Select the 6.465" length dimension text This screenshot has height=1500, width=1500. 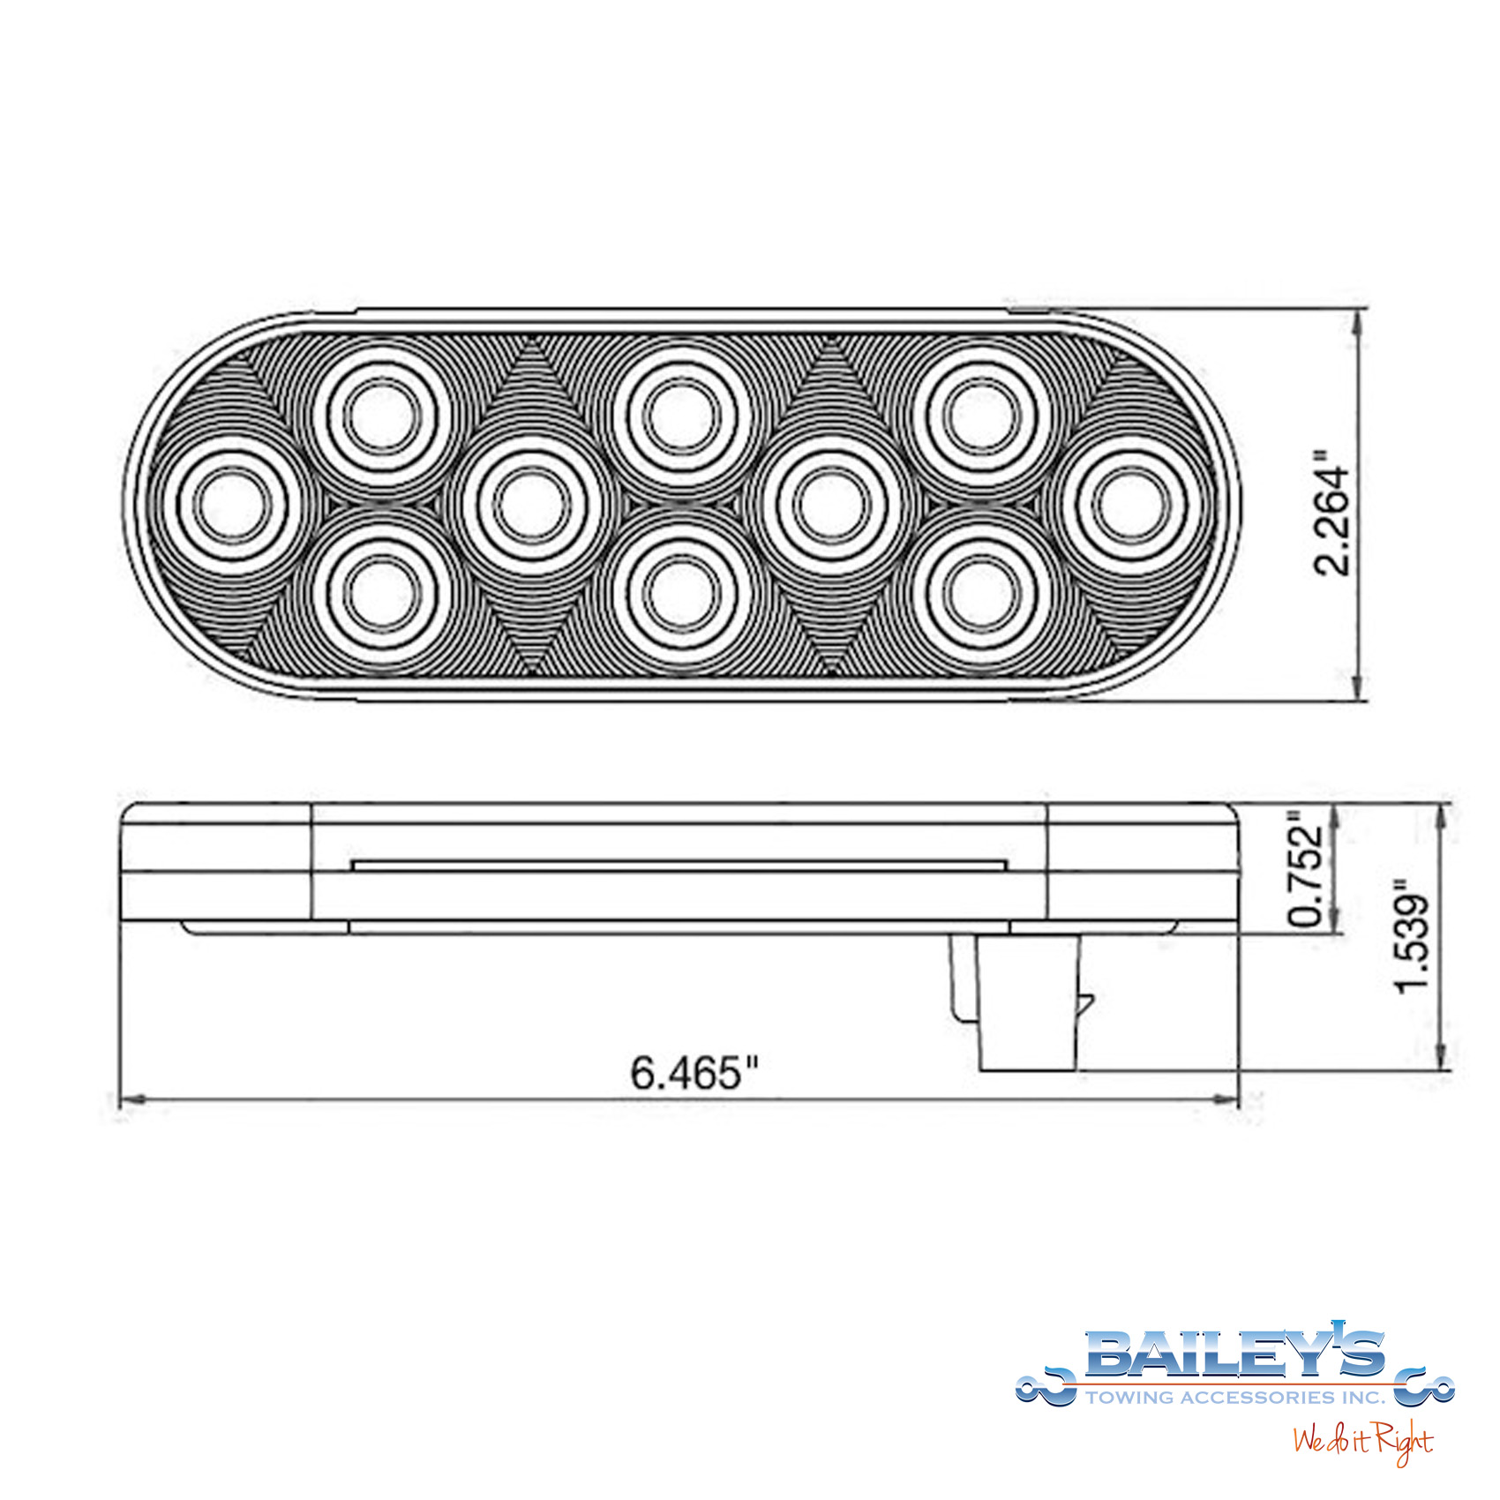click(694, 1072)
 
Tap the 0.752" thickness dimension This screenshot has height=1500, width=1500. click(1307, 869)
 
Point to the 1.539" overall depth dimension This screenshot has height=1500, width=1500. click(1413, 935)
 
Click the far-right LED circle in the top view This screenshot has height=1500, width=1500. click(1132, 504)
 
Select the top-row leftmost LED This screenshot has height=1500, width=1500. click(382, 416)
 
